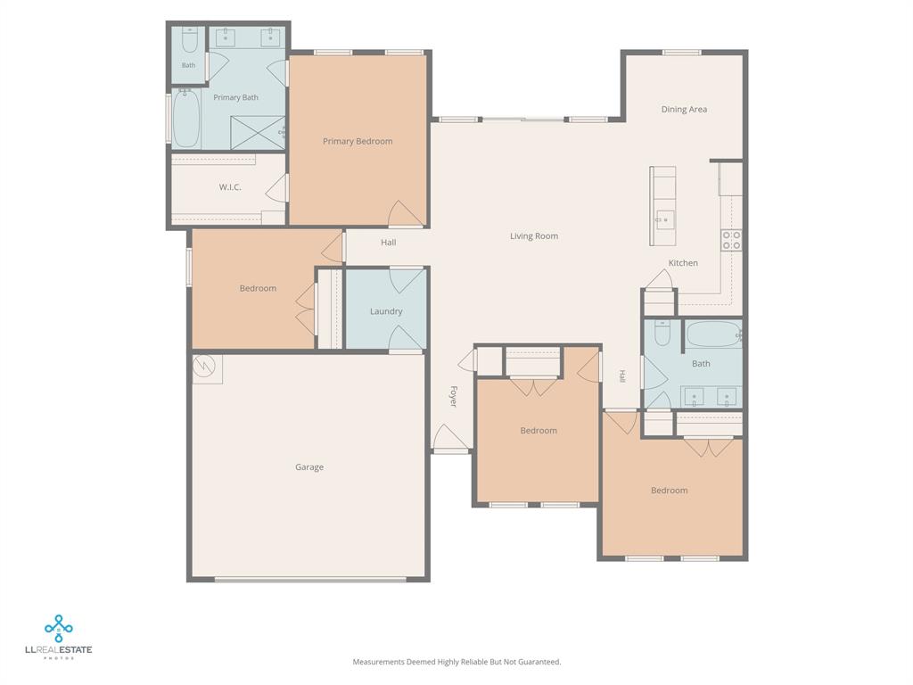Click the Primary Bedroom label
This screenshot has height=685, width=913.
point(358,142)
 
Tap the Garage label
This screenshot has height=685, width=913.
point(309,467)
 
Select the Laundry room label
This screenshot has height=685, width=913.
point(386,311)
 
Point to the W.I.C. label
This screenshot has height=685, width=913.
point(230,187)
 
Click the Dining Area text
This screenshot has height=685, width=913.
point(684,110)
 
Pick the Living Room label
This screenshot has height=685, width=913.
point(534,235)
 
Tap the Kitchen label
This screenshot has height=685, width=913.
point(683,263)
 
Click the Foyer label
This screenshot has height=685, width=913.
point(454,396)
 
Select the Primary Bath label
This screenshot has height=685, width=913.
point(235,97)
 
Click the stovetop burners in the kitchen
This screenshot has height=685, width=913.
point(731,240)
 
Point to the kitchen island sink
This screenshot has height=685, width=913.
point(662,220)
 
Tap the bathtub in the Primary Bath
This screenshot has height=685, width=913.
point(186,119)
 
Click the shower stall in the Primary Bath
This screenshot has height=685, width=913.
point(258,133)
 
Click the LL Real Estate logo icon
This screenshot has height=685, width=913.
point(58,629)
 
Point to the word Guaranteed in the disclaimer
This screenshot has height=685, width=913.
point(540,662)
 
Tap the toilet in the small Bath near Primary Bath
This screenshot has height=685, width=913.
point(190,39)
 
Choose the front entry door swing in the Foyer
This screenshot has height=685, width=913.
point(449,438)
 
